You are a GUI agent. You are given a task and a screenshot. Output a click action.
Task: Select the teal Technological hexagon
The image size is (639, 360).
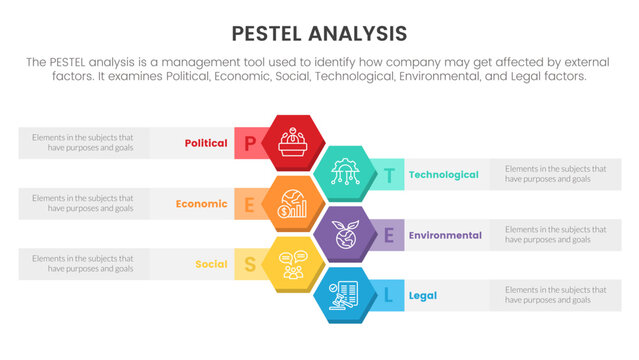coord(345,174)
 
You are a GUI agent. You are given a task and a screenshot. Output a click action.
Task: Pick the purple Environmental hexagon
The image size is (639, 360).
coord(345,235)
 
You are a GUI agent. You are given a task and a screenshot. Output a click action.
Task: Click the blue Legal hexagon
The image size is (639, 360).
coord(345,295)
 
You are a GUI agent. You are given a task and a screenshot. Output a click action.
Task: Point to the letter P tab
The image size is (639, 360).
coord(248,143)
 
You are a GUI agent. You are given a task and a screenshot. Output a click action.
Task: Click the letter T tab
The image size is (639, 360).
coord(390,174)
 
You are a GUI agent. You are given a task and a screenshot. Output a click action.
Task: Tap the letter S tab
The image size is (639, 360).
coord(248,265)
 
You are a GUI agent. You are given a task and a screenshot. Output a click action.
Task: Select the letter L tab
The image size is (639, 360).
coord(390,295)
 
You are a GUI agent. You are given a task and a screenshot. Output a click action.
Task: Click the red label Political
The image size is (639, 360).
coord(206,143)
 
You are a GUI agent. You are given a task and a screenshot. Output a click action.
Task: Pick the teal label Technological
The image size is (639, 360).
coord(444,174)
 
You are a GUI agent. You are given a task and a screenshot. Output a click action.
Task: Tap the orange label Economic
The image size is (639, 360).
coord(202,204)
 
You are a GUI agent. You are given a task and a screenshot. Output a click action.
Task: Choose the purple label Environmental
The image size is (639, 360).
coord(446,235)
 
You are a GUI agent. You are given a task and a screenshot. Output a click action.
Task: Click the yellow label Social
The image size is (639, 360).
coord(211,265)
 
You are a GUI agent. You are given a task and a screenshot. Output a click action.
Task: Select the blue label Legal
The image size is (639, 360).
coord(423,295)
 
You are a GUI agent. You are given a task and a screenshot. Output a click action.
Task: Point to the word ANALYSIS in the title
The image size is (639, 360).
coord(366,33)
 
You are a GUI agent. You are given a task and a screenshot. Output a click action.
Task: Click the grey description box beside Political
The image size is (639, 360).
coord(84,143)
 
